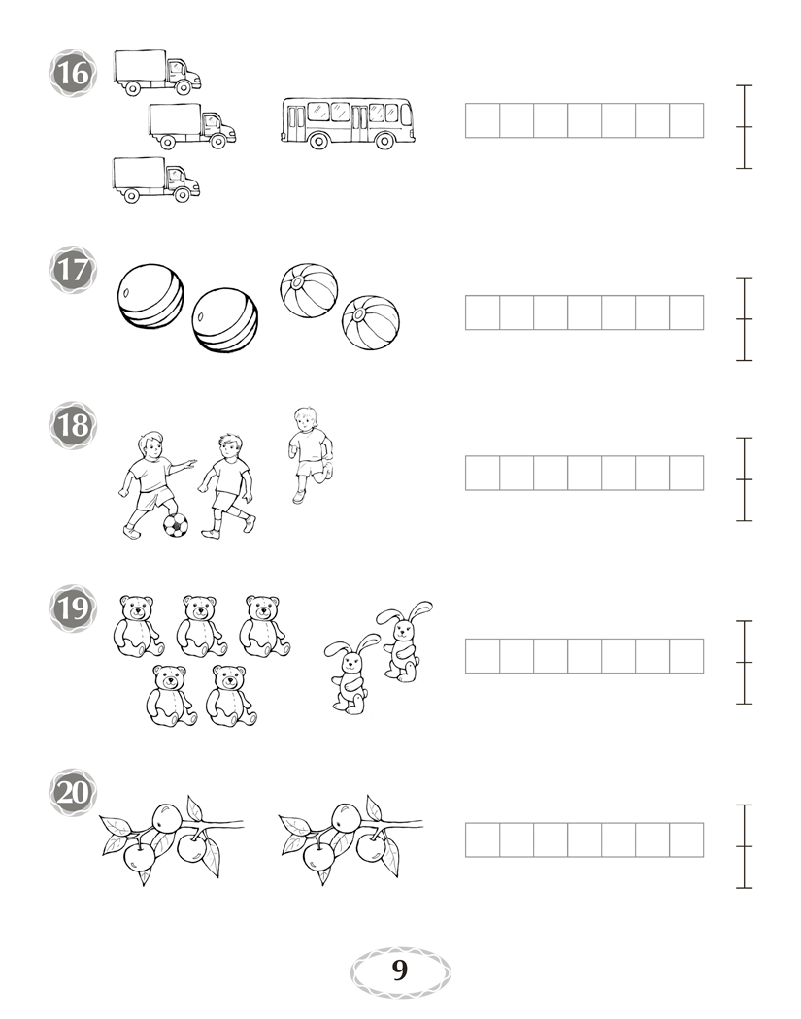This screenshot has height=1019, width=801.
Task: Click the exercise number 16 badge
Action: tap(73, 73)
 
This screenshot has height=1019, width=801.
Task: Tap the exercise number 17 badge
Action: tap(73, 270)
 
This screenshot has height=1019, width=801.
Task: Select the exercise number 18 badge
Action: tap(73, 426)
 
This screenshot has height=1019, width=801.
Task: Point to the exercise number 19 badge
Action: tap(73, 608)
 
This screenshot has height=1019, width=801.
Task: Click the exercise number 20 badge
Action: tap(73, 793)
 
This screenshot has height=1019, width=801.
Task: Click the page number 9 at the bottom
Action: tap(400, 970)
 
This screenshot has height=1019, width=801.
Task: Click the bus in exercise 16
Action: tap(348, 123)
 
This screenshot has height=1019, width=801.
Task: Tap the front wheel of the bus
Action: tap(384, 141)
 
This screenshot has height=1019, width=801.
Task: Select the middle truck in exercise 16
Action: tap(192, 126)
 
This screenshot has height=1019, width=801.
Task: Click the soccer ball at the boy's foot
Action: tap(176, 525)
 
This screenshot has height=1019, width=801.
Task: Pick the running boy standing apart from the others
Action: tap(311, 455)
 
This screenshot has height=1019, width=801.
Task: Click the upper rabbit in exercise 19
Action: tap(404, 641)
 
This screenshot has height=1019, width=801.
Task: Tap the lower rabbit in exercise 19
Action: tap(351, 674)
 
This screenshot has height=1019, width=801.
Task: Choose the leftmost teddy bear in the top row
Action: tap(139, 626)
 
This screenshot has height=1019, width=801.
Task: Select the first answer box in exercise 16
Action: tap(483, 120)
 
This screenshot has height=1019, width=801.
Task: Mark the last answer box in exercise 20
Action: tap(686, 839)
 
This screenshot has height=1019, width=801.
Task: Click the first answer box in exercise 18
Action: tap(483, 474)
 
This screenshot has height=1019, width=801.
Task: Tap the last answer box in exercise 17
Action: tap(686, 312)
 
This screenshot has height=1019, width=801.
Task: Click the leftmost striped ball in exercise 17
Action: tap(150, 296)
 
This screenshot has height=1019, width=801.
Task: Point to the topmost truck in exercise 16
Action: tap(157, 73)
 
